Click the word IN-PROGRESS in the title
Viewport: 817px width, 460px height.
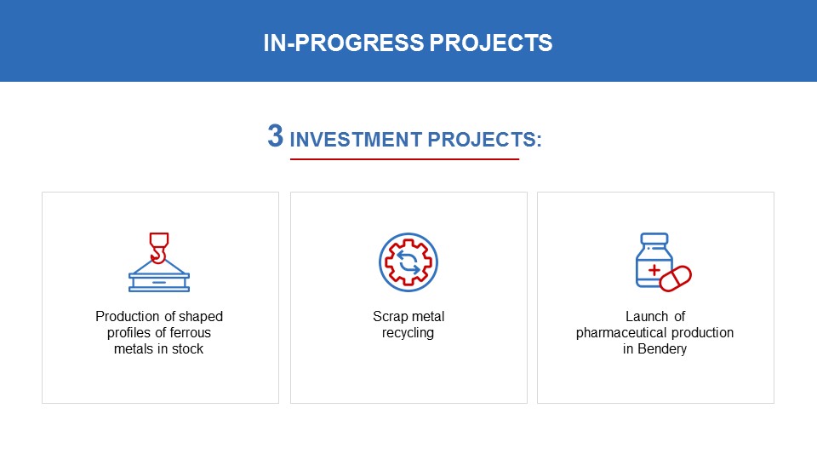click(x=343, y=43)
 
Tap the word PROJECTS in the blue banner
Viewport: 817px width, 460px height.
click(x=491, y=43)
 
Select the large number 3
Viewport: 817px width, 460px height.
click(x=276, y=135)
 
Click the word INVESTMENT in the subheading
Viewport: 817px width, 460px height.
click(x=356, y=140)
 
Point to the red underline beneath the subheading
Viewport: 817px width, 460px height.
click(x=404, y=159)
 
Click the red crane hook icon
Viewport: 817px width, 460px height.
click(x=159, y=248)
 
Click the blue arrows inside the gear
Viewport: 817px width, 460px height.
click(x=408, y=262)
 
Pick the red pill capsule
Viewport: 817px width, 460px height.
click(x=675, y=279)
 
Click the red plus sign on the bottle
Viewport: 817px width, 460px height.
click(x=654, y=270)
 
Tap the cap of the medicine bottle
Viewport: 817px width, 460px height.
click(x=654, y=239)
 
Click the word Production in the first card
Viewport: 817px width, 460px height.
click(x=128, y=317)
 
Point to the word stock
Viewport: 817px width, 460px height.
click(x=187, y=349)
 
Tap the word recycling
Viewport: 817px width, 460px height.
click(x=408, y=333)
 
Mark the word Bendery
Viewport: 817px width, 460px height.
click(x=662, y=349)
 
